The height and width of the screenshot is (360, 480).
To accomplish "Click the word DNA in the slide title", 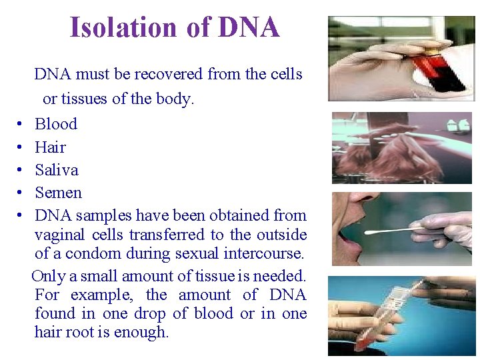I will pyautogui.click(x=249, y=28).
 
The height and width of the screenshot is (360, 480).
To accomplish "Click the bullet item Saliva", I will pyautogui.click(x=57, y=170).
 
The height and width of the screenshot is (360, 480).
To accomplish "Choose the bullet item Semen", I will pyautogui.click(x=58, y=193).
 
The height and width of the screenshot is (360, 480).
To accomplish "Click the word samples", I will pyautogui.click(x=103, y=215).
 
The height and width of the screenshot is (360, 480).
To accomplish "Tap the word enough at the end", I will pyautogui.click(x=142, y=332).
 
